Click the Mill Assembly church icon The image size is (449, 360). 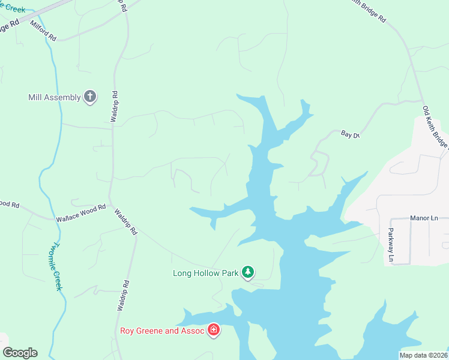coord(90,97)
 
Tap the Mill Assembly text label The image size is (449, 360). coord(54,97)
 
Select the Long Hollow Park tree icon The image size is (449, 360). coord(248,272)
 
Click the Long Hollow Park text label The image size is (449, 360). coord(206,274)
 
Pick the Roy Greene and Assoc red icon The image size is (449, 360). coord(213,330)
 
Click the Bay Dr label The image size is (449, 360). coord(349,134)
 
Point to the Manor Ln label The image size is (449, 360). coord(424,218)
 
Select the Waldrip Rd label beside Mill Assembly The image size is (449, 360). coord(114,107)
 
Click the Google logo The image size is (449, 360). coord(20,353)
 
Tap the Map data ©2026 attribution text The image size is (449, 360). coord(423,355)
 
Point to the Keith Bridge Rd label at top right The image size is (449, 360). coord(369,10)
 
